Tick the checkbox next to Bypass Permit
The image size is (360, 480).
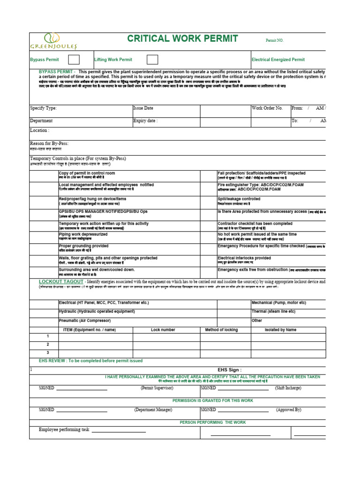click(x=74, y=60)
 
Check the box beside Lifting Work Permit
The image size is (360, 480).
click(x=152, y=60)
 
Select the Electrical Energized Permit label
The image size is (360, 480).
click(x=278, y=60)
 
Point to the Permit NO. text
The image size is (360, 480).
click(x=275, y=41)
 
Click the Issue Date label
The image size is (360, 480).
click(x=143, y=108)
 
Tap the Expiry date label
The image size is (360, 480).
click(x=145, y=120)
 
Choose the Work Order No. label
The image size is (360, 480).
click(x=267, y=108)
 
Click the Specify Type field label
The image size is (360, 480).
click(x=43, y=108)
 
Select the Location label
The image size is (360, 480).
click(x=39, y=130)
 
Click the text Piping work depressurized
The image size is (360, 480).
click(x=83, y=234)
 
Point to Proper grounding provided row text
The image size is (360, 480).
click(x=83, y=246)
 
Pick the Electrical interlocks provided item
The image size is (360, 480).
click(x=244, y=258)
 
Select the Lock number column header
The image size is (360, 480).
click(x=163, y=330)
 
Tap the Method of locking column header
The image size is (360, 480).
click(x=221, y=330)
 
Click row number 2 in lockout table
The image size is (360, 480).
click(x=47, y=344)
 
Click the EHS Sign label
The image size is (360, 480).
click(x=230, y=369)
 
